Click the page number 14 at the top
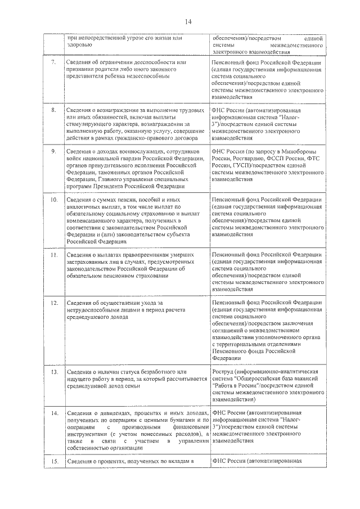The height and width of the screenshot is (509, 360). tap(188, 21)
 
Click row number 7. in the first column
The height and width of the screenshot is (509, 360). tap(53, 61)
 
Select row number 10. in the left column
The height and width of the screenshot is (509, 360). tap(54, 200)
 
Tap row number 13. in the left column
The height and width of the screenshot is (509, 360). tap(54, 372)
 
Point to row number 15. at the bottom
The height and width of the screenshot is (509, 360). tap(54, 462)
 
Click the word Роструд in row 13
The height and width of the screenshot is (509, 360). tap(225, 372)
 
